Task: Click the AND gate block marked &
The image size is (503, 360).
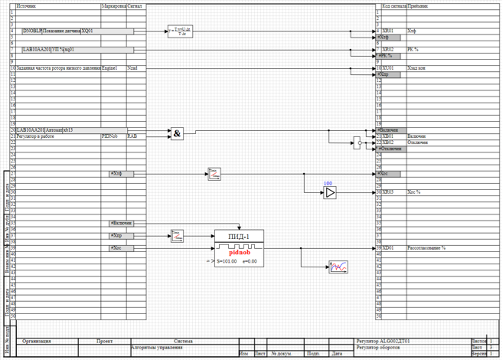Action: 177,134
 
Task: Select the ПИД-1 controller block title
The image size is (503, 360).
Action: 240,236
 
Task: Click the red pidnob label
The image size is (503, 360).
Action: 240,252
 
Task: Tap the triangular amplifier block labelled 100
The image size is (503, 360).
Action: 328,193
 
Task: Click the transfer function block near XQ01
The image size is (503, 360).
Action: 181,31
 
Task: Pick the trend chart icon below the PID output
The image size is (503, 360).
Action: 338,267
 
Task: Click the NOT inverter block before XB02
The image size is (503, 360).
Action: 358,142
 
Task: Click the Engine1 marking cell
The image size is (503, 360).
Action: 112,67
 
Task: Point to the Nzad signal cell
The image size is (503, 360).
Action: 133,67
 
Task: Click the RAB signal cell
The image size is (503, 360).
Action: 133,136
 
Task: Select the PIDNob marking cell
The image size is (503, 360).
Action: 112,136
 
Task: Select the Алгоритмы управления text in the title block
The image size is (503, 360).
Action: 157,347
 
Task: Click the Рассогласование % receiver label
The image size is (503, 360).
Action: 427,248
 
